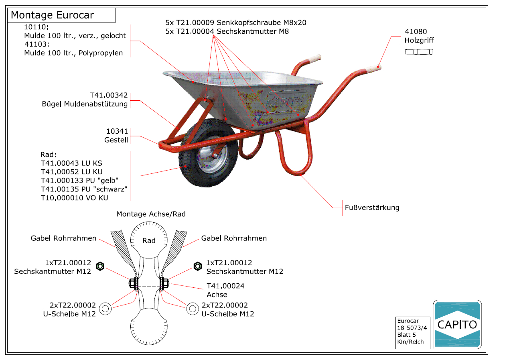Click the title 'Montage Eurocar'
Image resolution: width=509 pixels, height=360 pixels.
click(53, 16)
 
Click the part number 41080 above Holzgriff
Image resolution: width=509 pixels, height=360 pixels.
click(416, 32)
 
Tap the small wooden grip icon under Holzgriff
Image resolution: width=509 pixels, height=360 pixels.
click(419, 52)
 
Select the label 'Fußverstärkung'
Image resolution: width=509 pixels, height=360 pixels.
click(372, 207)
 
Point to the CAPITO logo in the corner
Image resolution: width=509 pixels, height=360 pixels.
click(457, 324)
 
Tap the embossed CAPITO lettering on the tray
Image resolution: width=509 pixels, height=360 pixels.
click(284, 102)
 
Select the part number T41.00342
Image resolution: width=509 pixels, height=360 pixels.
click(109, 96)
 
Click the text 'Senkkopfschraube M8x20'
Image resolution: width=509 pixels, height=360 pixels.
click(262, 23)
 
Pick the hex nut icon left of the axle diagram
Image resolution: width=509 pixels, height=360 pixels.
click(100, 266)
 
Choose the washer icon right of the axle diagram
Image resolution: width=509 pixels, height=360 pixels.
click(193, 309)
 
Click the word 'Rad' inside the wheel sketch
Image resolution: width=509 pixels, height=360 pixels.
click(149, 240)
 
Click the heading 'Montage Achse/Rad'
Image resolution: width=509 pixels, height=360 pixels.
click(151, 214)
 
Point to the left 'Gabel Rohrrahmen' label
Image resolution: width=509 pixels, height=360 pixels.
click(63, 238)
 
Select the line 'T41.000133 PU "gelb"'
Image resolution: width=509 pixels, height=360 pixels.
click(80, 181)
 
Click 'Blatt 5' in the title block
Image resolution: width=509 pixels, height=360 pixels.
click(406, 335)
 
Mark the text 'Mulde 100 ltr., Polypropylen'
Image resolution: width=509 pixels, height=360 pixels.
click(73, 53)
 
